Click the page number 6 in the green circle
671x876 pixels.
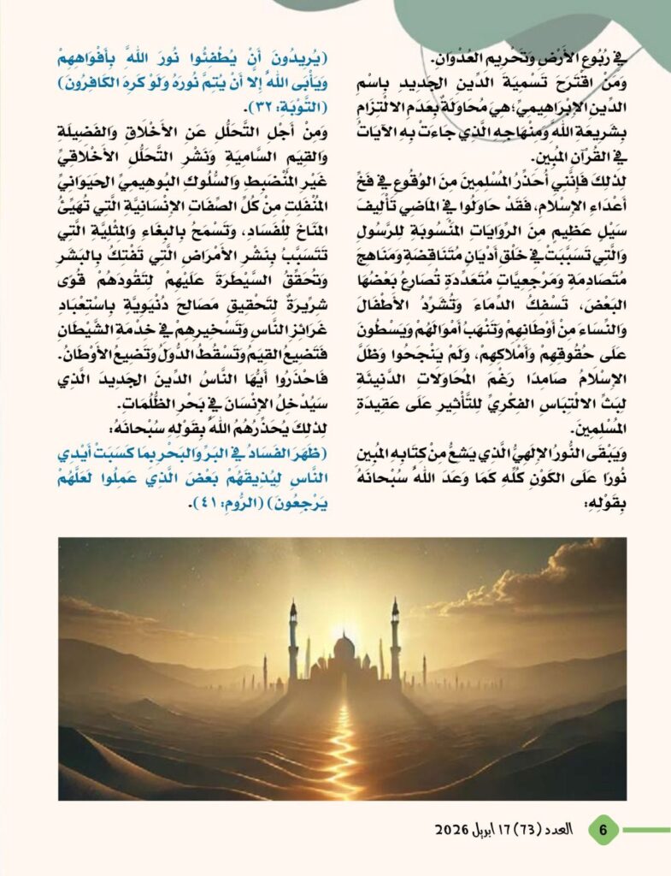pyautogui.click(x=603, y=829)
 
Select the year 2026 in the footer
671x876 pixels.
pyautogui.click(x=454, y=830)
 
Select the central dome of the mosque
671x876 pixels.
pyautogui.click(x=344, y=648)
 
